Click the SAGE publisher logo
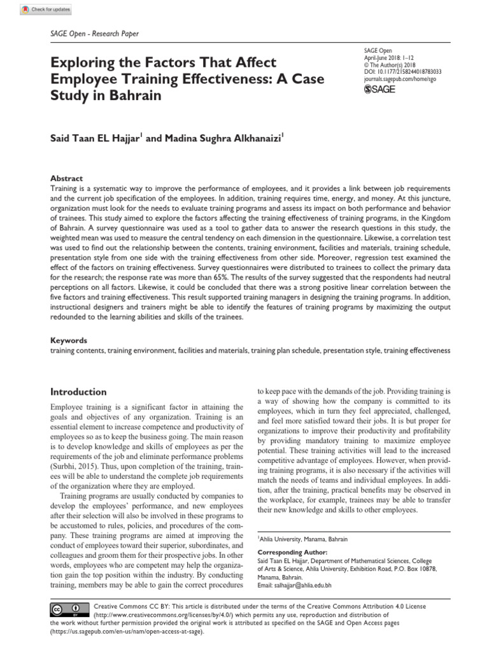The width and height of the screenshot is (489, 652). [379, 89]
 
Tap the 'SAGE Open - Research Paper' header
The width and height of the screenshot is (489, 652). [94, 34]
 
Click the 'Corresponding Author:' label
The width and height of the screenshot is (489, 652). [292, 552]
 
